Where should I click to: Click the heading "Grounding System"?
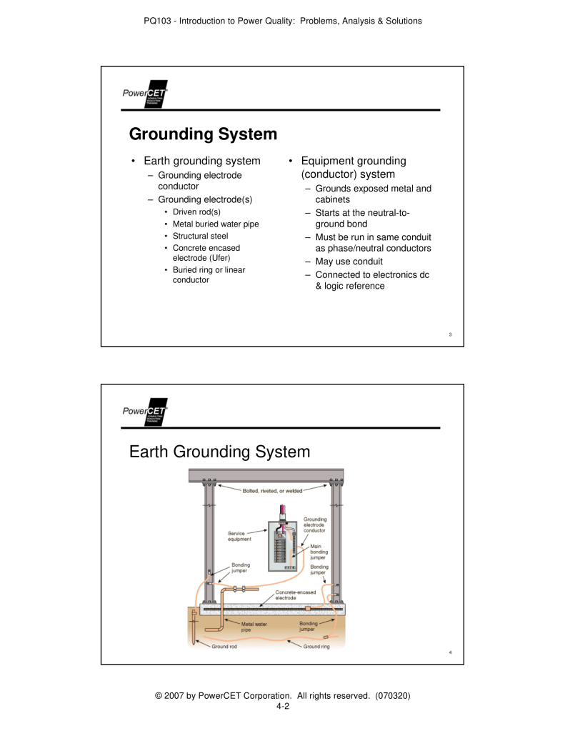coord(203,134)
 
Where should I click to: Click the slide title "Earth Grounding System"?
coord(219,452)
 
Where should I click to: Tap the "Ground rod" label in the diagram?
coord(224,647)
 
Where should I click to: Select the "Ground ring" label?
coord(316,647)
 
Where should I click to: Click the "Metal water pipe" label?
coord(254,627)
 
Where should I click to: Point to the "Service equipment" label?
coord(239,536)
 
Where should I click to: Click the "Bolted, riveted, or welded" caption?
coord(272,491)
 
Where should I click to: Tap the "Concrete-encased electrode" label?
coord(295,595)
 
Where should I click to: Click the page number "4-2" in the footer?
coord(282,706)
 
